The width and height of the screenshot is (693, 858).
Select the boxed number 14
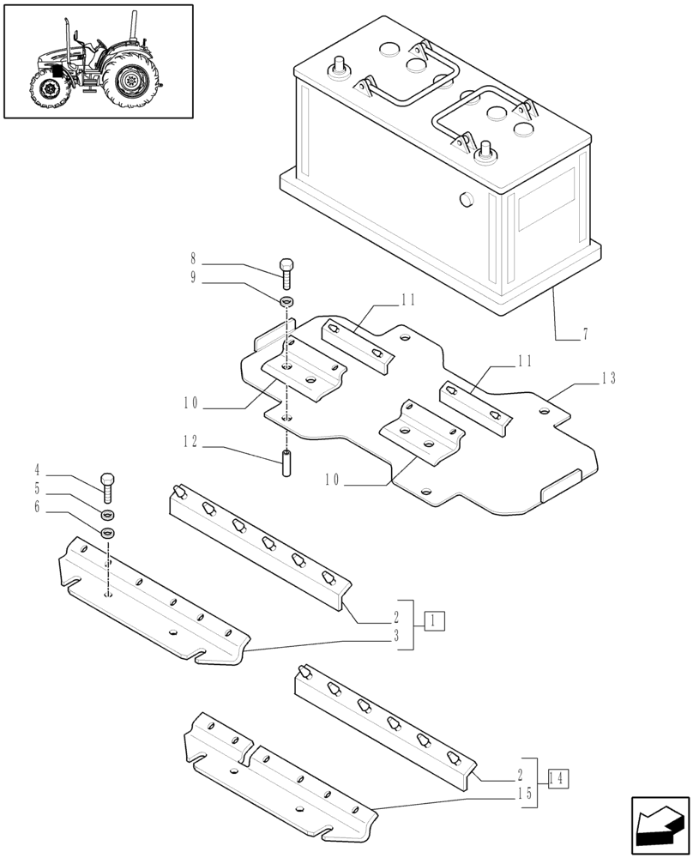coord(557,780)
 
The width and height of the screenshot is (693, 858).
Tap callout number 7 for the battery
coord(584,335)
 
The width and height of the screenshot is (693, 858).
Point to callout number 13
coord(609,378)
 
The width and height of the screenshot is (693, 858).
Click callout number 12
coord(189,442)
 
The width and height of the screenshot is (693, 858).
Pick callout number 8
coord(193,257)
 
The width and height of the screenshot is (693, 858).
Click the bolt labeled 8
coord(287,272)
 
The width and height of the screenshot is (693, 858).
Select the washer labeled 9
coord(287,301)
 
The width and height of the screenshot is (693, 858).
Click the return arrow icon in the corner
coord(660,825)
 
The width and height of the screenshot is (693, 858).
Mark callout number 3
coord(396,636)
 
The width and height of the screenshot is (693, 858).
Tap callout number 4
coord(38,470)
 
